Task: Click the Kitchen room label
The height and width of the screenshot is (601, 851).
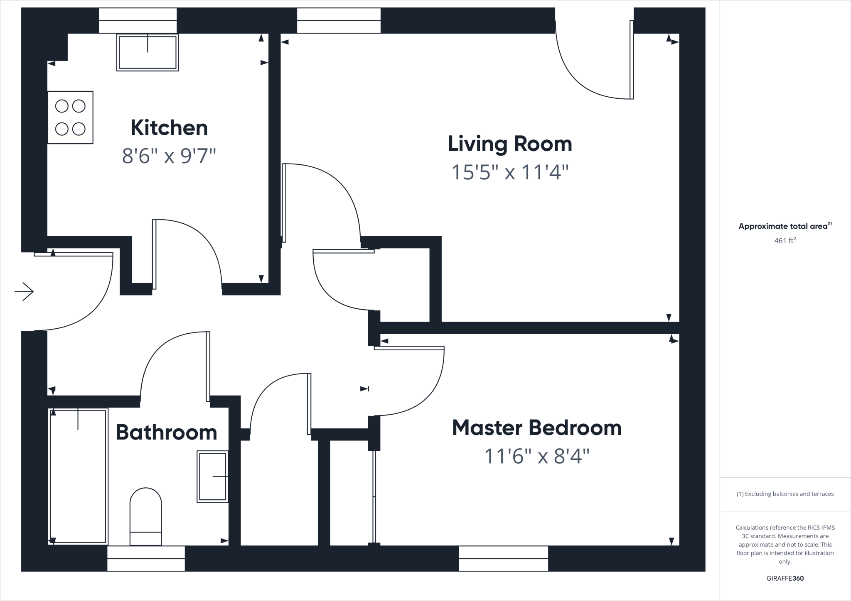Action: click(x=169, y=128)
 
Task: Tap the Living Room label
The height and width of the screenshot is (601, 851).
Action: click(x=510, y=144)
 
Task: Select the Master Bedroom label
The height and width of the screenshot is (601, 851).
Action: click(x=536, y=428)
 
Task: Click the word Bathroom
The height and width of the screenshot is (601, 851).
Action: click(x=166, y=432)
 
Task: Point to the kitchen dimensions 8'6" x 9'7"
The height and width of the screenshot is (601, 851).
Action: click(x=169, y=156)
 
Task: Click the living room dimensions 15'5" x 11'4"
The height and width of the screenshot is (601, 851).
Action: click(x=510, y=172)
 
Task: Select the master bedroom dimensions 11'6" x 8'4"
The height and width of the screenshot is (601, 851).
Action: click(x=536, y=457)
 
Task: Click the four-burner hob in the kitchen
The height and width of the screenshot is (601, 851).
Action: click(x=70, y=117)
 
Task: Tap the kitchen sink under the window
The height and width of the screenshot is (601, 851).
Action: click(x=148, y=53)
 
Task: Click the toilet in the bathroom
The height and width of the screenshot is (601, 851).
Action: click(x=145, y=516)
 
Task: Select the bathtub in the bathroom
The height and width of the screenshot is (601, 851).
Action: click(x=78, y=476)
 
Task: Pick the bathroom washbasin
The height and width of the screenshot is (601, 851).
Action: click(x=212, y=476)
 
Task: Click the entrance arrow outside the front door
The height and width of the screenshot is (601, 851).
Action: click(x=24, y=292)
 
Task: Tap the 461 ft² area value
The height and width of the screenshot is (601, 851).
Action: click(x=785, y=240)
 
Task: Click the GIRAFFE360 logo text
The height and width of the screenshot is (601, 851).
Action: click(x=785, y=578)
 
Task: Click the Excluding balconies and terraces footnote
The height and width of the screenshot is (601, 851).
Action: click(x=785, y=494)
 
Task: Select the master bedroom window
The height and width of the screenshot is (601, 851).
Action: click(x=503, y=558)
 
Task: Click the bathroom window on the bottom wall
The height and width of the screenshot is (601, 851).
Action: click(x=146, y=558)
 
